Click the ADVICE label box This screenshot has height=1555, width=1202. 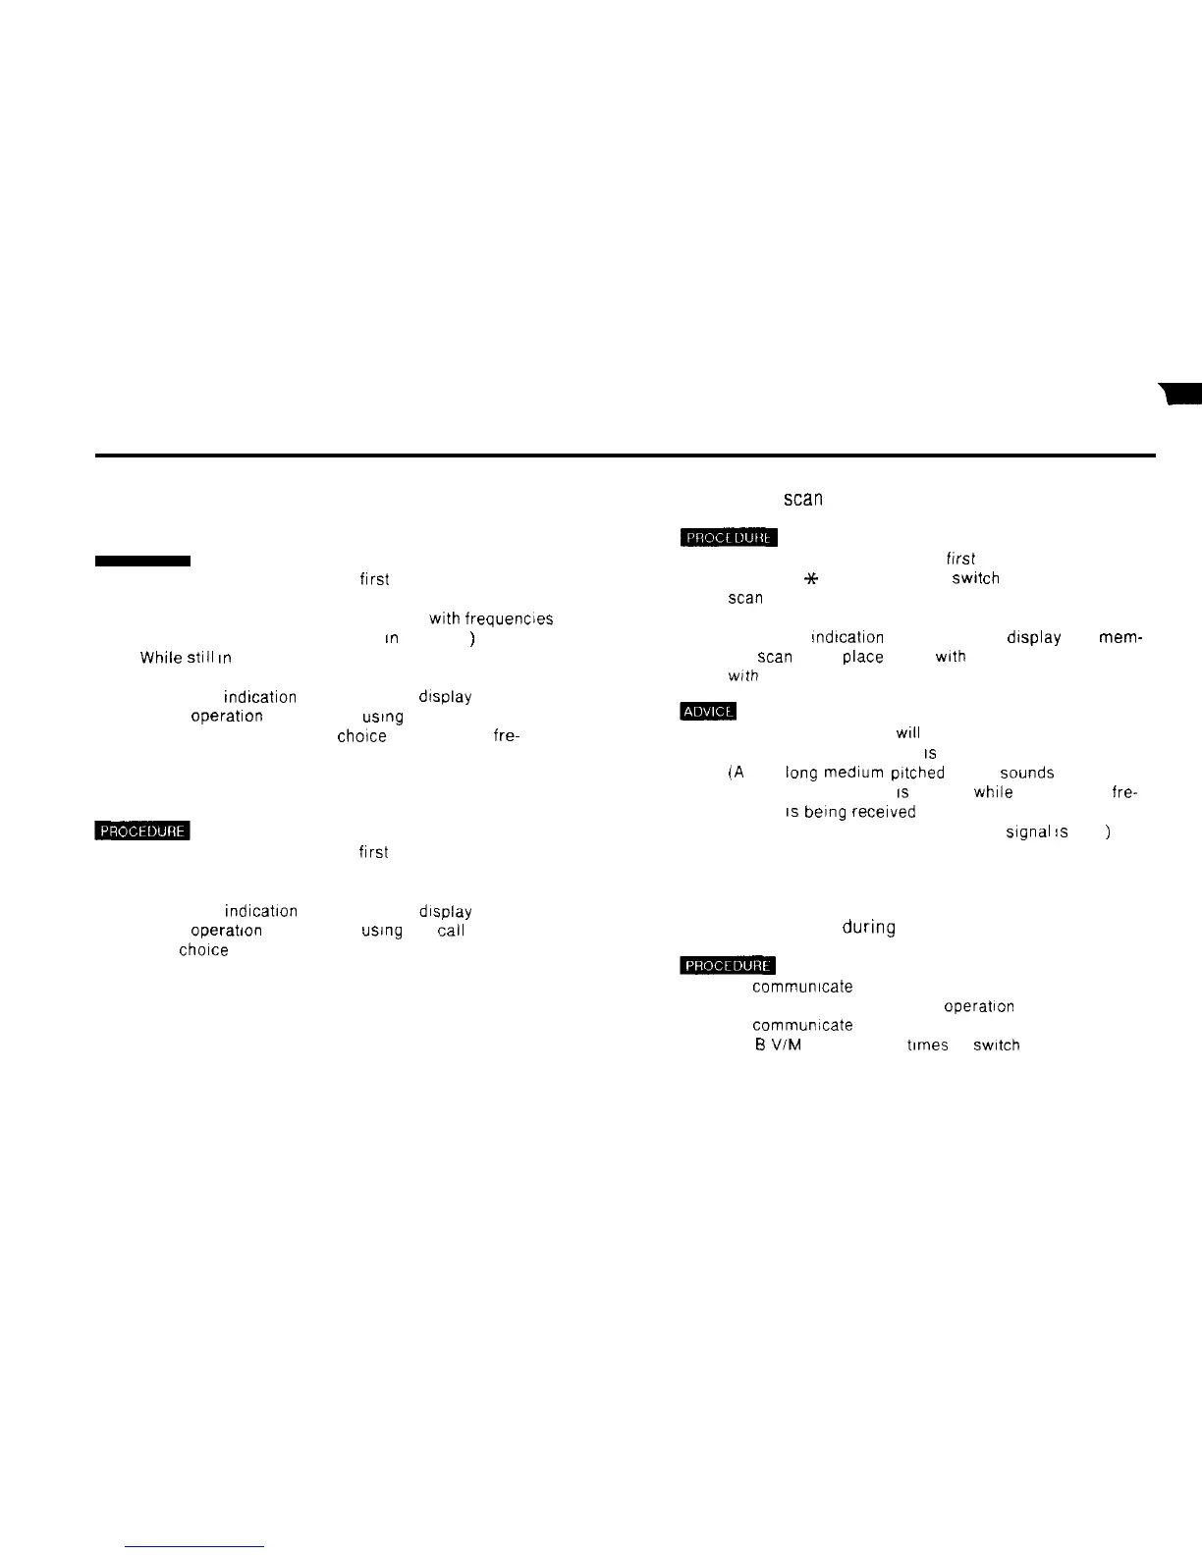[707, 712]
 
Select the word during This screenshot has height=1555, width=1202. [868, 927]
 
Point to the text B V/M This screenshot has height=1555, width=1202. [778, 1046]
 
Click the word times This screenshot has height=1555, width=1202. [928, 1046]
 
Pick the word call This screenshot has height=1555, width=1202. [451, 931]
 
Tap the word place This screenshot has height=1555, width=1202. [862, 657]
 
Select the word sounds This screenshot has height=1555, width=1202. [1026, 773]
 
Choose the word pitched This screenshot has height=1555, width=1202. [917, 773]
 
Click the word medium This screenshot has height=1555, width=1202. [853, 773]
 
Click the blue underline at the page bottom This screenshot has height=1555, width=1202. [195, 1546]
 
